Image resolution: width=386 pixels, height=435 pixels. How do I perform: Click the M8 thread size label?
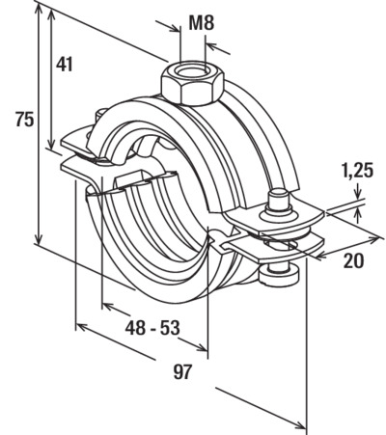point(201,23)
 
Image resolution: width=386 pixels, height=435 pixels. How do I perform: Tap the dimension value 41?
point(65,64)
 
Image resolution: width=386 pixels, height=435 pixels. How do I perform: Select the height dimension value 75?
point(24,120)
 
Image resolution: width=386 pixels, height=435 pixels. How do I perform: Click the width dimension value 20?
point(353,260)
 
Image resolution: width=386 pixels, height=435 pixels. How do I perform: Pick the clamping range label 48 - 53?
point(152,328)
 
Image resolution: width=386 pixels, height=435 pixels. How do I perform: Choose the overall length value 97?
point(182,371)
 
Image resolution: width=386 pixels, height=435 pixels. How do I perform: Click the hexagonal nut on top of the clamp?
point(192,84)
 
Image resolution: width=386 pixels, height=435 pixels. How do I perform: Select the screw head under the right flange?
point(279,276)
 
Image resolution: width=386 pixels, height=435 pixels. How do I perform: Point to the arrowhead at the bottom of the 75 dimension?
point(39,238)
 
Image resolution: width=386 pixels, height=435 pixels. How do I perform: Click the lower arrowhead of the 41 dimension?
point(51,142)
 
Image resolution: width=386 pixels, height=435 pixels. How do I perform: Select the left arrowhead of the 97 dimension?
point(82,328)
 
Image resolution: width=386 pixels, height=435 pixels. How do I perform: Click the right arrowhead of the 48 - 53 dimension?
point(202,346)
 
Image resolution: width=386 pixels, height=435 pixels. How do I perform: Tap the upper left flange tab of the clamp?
point(75,142)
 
